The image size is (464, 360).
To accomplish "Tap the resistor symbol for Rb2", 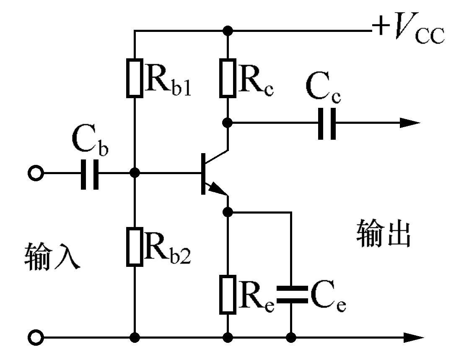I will (x=135, y=247).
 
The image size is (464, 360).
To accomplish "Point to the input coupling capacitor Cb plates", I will (x=89, y=173).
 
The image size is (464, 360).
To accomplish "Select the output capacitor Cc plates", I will (x=327, y=123).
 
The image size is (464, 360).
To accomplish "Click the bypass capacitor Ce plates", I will (x=291, y=295).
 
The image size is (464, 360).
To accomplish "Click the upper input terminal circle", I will (x=35, y=173).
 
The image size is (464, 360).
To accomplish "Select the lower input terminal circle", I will (x=35, y=337).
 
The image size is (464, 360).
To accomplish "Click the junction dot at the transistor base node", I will (x=135, y=173).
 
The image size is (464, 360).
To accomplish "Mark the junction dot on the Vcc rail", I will (x=228, y=31).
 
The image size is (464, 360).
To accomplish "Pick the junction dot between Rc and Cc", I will (x=228, y=123).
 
